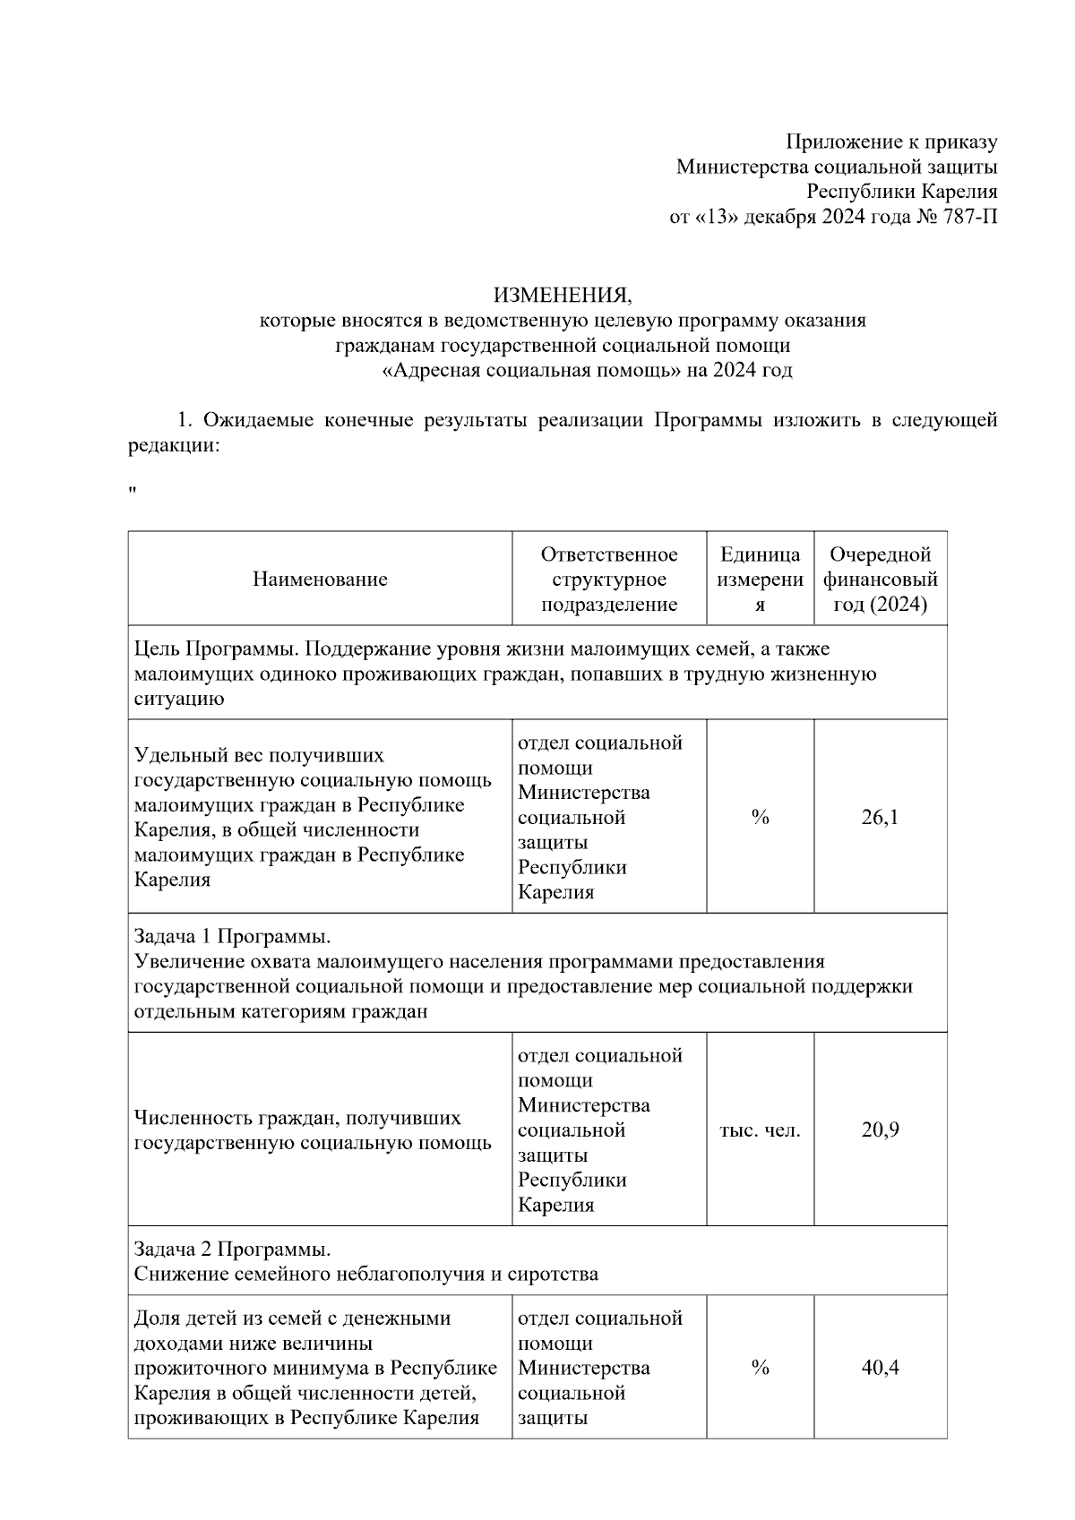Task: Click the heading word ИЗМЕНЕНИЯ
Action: point(563,296)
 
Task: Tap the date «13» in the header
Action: point(710,217)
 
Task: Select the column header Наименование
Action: point(320,580)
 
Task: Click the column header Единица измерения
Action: point(760,580)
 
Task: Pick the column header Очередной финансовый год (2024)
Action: point(880,580)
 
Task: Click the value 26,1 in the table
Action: point(880,817)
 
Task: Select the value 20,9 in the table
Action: point(880,1129)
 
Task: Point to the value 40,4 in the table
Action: point(880,1368)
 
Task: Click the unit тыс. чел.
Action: point(760,1130)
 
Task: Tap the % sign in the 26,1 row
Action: point(760,818)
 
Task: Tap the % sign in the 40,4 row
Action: point(760,1368)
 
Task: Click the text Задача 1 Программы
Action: point(232,937)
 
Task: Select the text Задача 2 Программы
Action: point(232,1249)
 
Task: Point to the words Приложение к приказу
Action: point(891,142)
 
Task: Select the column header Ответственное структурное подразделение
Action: point(609,580)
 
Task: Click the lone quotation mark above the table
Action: point(133,491)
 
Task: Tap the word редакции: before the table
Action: point(173,445)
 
